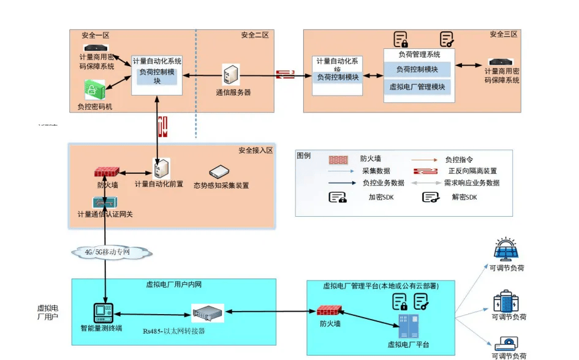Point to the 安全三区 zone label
(x=504, y=34)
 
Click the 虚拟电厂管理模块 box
(x=417, y=87)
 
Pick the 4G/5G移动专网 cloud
(x=110, y=252)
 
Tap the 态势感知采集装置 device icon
(x=219, y=172)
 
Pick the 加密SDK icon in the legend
(x=338, y=197)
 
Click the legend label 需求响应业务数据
(x=471, y=183)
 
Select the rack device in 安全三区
(x=502, y=62)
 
